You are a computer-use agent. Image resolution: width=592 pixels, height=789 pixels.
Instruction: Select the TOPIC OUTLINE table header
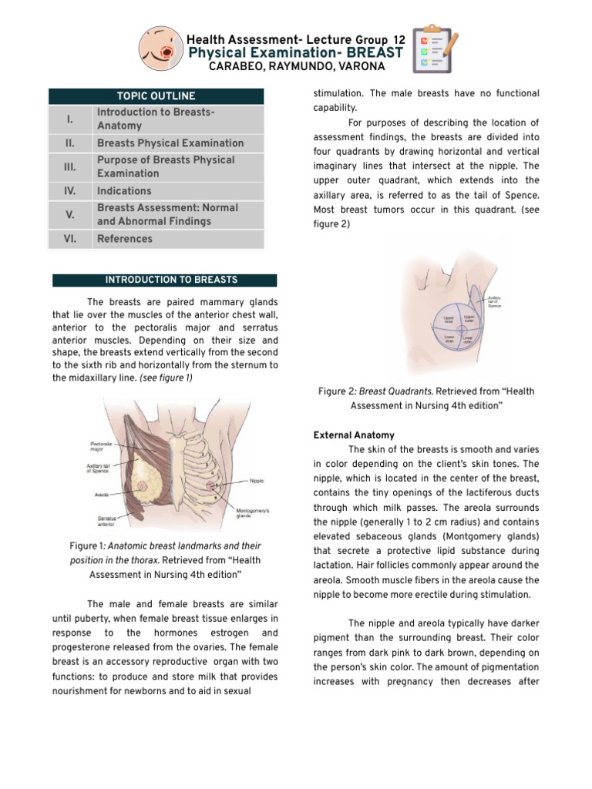[x=156, y=96]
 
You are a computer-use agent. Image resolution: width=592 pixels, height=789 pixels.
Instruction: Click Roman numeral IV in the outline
[x=69, y=191]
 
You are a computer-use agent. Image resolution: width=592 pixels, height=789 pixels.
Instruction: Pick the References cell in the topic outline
[x=125, y=239]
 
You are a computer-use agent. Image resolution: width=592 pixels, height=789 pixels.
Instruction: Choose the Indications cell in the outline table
[x=124, y=191]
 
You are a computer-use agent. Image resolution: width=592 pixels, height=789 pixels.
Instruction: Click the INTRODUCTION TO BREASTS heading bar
[x=164, y=280]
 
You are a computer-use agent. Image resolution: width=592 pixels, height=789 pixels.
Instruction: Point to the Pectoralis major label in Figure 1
[x=102, y=446]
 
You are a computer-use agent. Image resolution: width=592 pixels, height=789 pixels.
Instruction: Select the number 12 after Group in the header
[x=399, y=39]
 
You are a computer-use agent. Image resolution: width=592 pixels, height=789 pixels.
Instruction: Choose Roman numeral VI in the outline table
[x=69, y=239]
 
